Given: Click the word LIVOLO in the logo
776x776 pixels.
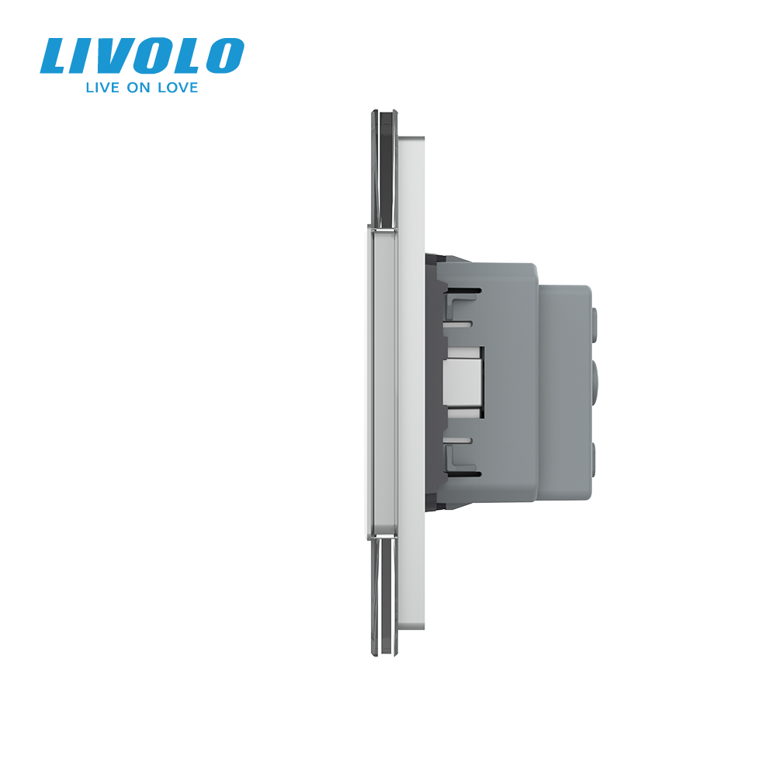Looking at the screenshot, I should (142, 57).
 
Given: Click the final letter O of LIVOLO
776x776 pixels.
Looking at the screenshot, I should (226, 57).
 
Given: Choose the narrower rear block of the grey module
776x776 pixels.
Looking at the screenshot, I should (565, 384).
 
